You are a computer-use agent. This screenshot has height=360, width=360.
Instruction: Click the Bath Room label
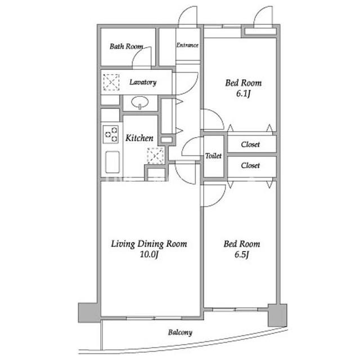tap(126, 46)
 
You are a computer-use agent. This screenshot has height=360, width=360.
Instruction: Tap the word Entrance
tap(187, 45)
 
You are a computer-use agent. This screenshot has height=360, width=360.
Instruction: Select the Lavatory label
tap(143, 82)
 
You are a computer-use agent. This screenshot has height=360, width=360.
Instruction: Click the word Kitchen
tap(139, 138)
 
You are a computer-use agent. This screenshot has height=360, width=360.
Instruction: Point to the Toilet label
tap(214, 156)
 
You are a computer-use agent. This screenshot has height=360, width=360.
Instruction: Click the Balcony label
tap(180, 332)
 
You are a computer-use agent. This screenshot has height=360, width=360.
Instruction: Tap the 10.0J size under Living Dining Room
tap(149, 255)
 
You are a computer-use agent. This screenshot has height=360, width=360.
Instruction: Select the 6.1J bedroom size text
tap(244, 94)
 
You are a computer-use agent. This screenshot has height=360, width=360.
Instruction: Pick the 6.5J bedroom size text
tap(242, 255)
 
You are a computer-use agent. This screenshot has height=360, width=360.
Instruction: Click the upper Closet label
tap(250, 145)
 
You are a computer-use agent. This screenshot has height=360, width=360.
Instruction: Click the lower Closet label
tap(250, 165)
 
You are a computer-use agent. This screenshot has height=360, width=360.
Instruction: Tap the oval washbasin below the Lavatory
tap(140, 102)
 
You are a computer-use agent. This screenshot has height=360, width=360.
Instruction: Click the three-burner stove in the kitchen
tap(111, 134)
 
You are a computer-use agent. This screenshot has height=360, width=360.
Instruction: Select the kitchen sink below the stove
tap(112, 162)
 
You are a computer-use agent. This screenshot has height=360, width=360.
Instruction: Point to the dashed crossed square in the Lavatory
tap(111, 82)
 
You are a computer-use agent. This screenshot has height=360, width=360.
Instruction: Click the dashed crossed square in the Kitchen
tap(156, 156)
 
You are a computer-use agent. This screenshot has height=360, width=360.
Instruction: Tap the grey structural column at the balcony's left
tap(89, 313)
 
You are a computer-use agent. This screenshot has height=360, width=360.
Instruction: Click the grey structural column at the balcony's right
tap(277, 315)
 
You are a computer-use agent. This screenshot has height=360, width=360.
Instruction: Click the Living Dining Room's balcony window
tap(154, 318)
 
